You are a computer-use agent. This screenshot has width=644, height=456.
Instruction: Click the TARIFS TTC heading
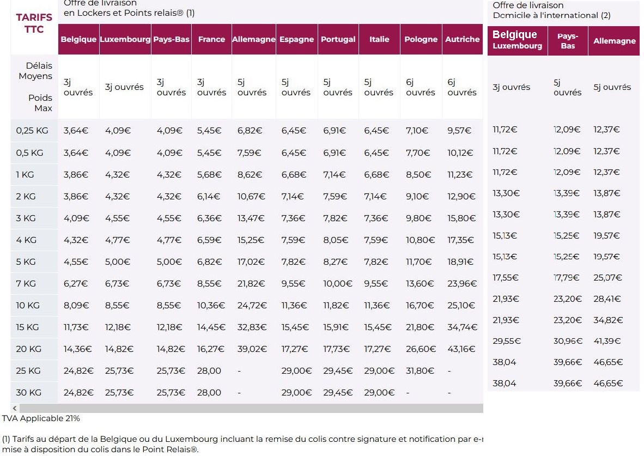pos(34,23)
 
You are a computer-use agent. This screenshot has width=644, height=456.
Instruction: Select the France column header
pos(211,39)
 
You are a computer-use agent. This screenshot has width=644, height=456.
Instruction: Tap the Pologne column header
pos(421,39)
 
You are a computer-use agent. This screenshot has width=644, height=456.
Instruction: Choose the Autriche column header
pos(462,39)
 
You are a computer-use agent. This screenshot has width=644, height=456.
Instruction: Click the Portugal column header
pos(338,39)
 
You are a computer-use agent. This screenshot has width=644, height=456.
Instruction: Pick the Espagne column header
pos(296,39)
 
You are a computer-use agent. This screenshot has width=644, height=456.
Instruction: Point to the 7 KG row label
pos(26,283)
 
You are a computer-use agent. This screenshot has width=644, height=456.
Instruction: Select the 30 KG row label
pos(28,392)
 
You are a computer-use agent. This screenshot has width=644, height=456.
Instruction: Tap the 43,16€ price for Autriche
pos(461,349)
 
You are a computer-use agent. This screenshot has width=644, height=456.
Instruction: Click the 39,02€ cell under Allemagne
pos(252,349)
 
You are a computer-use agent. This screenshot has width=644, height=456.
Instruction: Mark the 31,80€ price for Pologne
pos(420,370)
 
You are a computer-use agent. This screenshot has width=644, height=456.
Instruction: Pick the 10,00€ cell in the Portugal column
pos(338,283)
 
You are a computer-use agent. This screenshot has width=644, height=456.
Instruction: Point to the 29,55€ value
pos(507,341)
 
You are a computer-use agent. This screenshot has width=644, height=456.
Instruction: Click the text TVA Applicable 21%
pos(41,418)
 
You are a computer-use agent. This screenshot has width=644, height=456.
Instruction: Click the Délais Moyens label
pos(35,71)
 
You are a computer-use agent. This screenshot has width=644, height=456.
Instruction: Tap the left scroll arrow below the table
pos(15,408)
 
